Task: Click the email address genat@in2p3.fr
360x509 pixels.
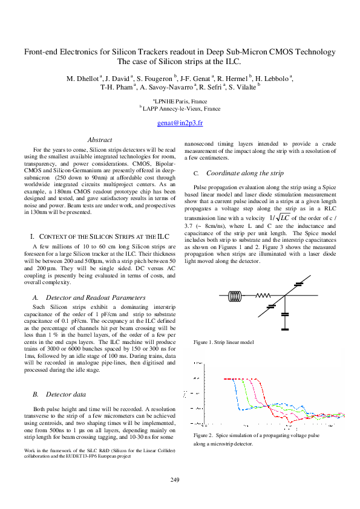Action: (180, 122)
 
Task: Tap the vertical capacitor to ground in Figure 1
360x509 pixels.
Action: (284, 315)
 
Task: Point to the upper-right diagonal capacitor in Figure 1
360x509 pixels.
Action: (298, 284)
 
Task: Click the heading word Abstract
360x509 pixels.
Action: (99, 140)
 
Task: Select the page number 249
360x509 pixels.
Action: (175, 480)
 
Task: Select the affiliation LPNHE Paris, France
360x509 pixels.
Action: (180, 102)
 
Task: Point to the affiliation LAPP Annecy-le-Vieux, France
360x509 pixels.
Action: (181, 109)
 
